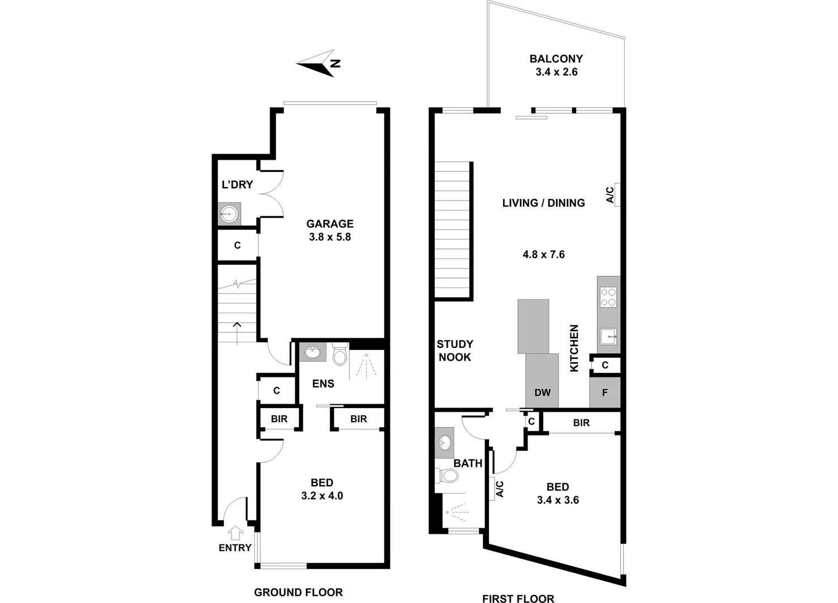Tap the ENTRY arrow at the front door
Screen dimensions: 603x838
click(236, 533)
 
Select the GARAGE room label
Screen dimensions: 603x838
click(329, 224)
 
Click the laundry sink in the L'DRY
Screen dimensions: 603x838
click(228, 214)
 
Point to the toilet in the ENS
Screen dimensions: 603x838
click(339, 355)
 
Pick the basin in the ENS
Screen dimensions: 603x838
click(312, 352)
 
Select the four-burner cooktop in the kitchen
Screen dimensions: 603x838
click(608, 297)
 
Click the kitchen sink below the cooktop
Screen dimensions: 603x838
click(608, 337)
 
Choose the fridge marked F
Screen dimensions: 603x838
click(605, 393)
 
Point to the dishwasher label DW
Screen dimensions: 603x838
click(542, 393)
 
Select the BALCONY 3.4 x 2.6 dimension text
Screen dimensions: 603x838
click(556, 72)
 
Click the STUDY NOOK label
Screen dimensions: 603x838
click(454, 351)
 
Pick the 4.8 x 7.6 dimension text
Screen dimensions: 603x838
click(543, 255)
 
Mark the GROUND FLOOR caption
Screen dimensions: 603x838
click(298, 592)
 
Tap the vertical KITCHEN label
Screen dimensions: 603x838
click(574, 348)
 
